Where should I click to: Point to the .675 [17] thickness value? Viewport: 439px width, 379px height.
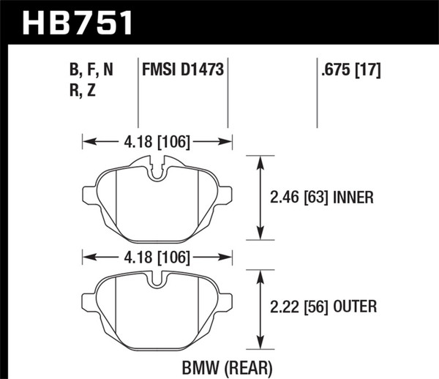(350, 71)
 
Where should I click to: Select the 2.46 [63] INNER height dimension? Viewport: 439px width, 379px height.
(319, 197)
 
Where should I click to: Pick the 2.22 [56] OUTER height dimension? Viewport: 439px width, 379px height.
(320, 307)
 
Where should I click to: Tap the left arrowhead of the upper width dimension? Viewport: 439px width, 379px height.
(87, 140)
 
